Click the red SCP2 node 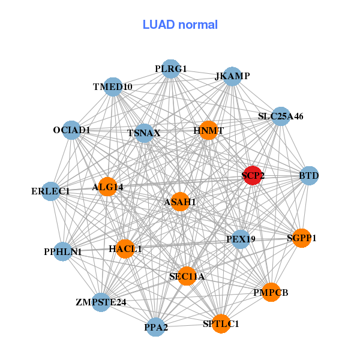(253, 175)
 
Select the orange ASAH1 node (180, 202)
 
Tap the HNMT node (208, 130)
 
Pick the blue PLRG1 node (171, 69)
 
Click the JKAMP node (232, 77)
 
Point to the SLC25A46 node (281, 116)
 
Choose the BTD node (308, 176)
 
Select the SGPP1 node (301, 238)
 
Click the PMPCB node (271, 292)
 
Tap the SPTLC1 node (221, 323)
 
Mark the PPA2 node (156, 327)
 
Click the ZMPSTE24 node (101, 301)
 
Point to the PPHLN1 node (63, 251)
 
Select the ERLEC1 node (51, 191)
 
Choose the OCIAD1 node (71, 130)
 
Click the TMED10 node (113, 87)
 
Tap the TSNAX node (144, 133)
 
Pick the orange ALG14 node (108, 187)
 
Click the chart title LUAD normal (180, 25)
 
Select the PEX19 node (241, 239)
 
